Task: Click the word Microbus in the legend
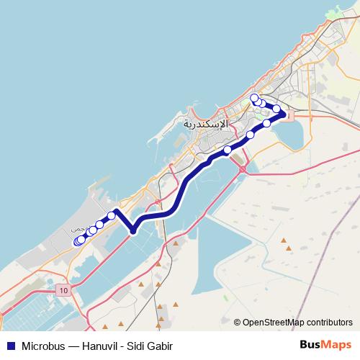pos(44,346)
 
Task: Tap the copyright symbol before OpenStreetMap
pos(238,322)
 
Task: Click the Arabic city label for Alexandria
pos(205,123)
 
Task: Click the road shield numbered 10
pos(63,289)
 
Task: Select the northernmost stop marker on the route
pos(253,98)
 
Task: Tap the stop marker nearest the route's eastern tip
pos(276,109)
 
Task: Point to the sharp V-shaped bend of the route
pos(133,230)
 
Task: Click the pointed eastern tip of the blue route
pos(287,114)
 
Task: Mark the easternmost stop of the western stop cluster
pos(112,215)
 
